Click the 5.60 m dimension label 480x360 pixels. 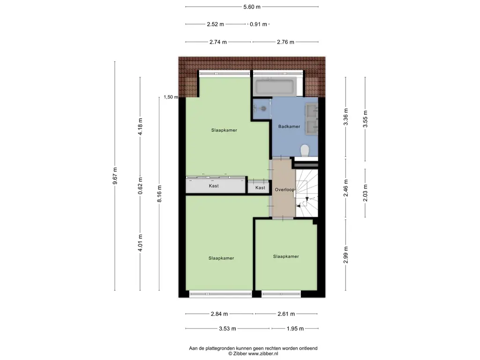click(x=252, y=7)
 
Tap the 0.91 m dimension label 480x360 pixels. click(x=258, y=24)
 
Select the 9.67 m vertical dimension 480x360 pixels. click(x=115, y=176)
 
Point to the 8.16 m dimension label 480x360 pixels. click(x=159, y=194)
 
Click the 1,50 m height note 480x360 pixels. click(x=171, y=97)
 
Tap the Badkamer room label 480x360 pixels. click(x=289, y=127)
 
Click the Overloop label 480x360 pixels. click(x=285, y=189)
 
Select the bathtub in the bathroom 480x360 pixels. click(x=275, y=87)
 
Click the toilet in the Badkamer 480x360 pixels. click(x=305, y=150)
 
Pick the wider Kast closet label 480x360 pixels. click(x=214, y=186)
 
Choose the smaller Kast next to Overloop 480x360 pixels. click(x=260, y=187)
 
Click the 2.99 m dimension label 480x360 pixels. click(x=345, y=255)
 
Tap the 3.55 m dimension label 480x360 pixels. click(x=365, y=119)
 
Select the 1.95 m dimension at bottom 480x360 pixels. click(x=295, y=329)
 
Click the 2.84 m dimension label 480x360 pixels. click(x=219, y=314)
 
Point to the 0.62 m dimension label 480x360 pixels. click(x=140, y=186)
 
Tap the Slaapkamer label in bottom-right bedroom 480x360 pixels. click(x=286, y=256)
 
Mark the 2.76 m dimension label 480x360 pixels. click(x=285, y=42)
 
